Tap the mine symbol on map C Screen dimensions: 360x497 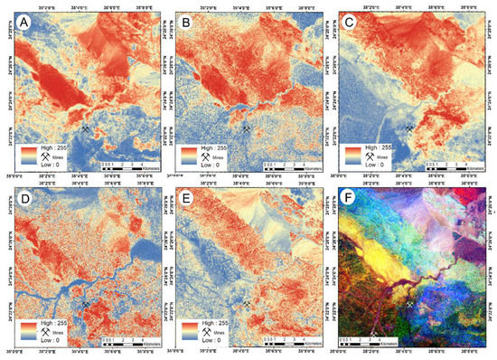[x=411, y=129]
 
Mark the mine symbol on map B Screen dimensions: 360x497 [x=247, y=129]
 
